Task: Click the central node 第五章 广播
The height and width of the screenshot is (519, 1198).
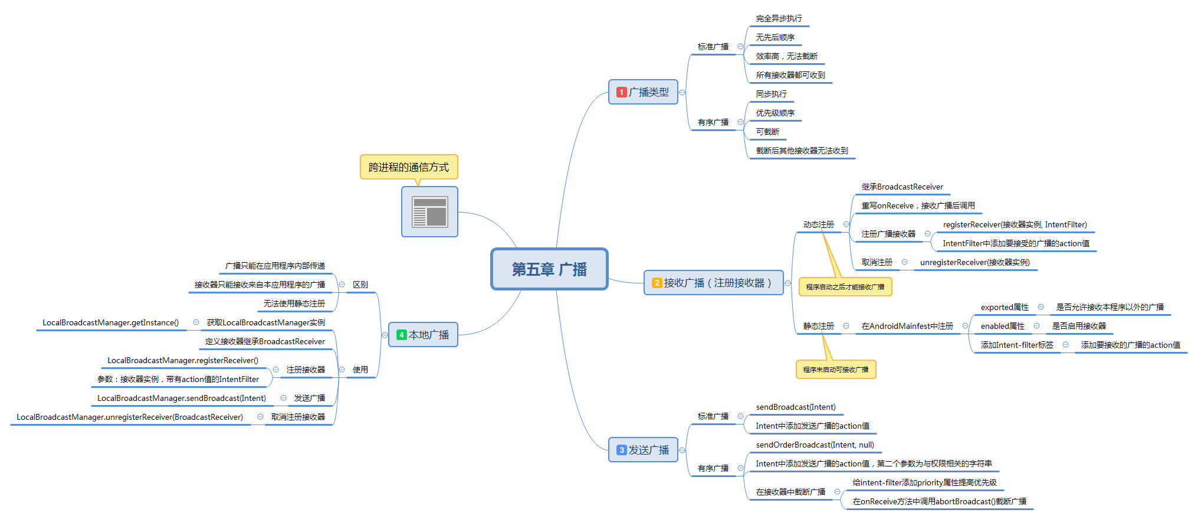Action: point(549,269)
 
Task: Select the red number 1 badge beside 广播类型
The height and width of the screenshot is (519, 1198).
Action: point(621,92)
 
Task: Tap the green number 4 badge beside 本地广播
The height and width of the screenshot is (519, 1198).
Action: point(401,335)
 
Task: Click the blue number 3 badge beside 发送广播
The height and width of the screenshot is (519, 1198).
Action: point(621,450)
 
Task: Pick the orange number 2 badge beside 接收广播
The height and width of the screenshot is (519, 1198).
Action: point(657,283)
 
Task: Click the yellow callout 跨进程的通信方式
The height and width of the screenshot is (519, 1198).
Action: point(409,167)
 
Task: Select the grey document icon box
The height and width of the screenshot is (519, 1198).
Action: point(429,212)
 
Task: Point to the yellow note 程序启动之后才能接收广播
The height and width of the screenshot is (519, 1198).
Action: point(845,287)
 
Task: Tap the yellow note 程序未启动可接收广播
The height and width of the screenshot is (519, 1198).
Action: point(835,370)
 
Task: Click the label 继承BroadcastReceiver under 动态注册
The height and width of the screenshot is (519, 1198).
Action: point(902,187)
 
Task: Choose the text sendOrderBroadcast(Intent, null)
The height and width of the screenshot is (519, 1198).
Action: point(815,445)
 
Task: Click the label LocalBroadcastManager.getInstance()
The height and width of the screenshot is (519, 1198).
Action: point(110,322)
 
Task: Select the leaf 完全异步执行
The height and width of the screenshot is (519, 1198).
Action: point(779,18)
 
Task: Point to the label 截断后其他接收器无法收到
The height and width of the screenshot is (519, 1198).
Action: point(802,151)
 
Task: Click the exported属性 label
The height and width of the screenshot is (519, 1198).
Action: point(1004,307)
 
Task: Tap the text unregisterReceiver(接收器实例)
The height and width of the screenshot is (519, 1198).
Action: point(974,262)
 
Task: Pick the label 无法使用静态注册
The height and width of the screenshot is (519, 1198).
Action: point(294,303)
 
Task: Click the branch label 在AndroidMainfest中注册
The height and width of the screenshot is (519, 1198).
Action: point(907,326)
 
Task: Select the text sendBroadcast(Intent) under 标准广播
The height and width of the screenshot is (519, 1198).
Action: point(796,407)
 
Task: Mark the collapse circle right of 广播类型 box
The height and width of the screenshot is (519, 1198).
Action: point(682,92)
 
